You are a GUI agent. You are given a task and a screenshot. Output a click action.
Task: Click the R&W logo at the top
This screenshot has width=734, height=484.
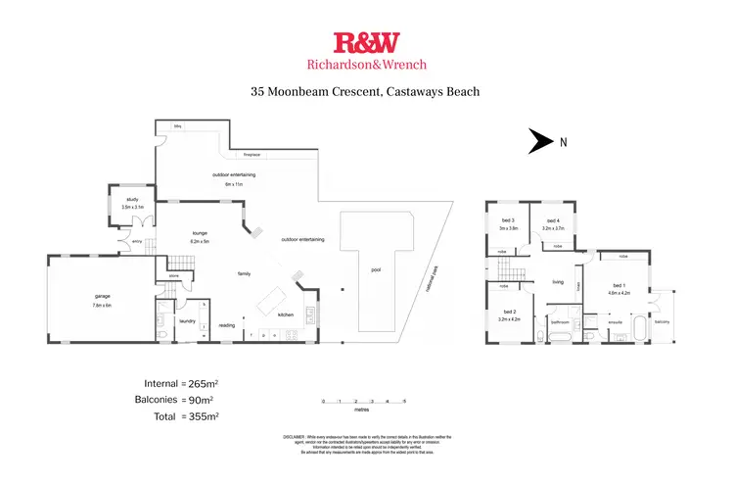(x=366, y=42)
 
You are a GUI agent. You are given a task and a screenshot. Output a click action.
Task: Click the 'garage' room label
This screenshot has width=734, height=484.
(x=103, y=295)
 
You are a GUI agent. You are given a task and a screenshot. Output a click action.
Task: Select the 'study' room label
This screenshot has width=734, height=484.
(x=132, y=200)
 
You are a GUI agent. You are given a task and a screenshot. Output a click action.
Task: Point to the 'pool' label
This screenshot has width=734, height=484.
(x=376, y=270)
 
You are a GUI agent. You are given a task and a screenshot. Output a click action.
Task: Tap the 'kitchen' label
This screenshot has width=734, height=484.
(x=285, y=315)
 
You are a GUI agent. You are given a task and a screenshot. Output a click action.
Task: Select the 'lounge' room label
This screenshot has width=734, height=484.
(x=200, y=232)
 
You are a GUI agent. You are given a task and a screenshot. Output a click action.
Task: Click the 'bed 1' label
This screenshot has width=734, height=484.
(x=617, y=286)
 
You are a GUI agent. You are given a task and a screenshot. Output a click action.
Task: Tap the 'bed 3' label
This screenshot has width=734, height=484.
(x=507, y=220)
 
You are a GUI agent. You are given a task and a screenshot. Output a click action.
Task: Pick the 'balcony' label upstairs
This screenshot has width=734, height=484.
(x=663, y=320)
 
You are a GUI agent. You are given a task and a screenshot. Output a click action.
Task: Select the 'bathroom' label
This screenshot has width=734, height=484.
(x=561, y=320)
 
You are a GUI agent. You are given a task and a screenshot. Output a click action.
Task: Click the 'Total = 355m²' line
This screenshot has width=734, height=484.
(x=176, y=416)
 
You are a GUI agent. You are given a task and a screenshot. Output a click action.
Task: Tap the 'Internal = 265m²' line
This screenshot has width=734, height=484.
(x=176, y=383)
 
